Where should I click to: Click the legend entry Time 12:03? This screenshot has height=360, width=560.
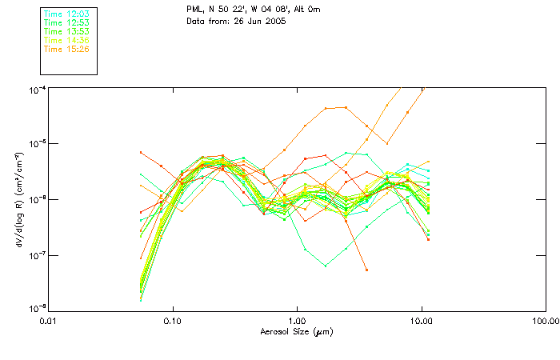pyautogui.click(x=66, y=14)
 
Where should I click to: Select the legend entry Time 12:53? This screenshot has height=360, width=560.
pyautogui.click(x=66, y=23)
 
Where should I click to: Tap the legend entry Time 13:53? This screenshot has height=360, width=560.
pyautogui.click(x=66, y=32)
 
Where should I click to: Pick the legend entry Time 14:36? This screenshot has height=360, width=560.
pyautogui.click(x=66, y=40)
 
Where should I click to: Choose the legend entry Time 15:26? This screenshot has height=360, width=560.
pyautogui.click(x=66, y=49)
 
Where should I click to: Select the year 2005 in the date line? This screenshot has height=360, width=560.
pyautogui.click(x=275, y=21)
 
